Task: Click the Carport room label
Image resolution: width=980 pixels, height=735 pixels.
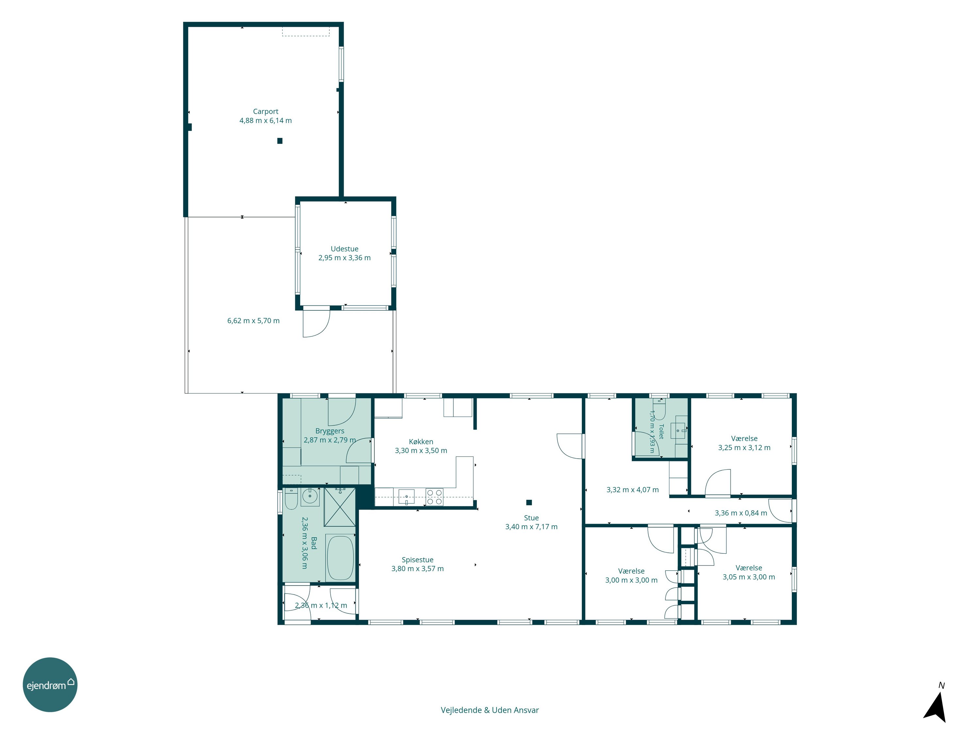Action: pos(266,112)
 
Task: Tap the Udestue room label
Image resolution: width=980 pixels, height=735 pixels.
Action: pos(344,249)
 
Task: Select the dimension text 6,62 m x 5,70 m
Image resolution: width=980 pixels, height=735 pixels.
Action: pos(253,321)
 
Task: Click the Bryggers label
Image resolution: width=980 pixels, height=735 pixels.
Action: pos(330,431)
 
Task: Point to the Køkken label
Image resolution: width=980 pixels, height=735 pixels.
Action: pos(421,442)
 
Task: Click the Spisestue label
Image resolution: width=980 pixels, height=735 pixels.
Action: pos(417,560)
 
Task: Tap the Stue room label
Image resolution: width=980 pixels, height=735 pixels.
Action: pos(531,518)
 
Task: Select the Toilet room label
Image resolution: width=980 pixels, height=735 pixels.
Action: pos(661,432)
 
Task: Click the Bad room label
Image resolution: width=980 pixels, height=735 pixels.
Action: pos(314,543)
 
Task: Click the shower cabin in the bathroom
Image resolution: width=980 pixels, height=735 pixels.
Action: pos(340,507)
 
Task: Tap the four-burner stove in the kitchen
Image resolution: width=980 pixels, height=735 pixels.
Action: pos(434,497)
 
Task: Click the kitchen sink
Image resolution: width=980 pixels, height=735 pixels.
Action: pos(406,497)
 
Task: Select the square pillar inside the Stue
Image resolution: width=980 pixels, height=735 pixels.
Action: pos(529,502)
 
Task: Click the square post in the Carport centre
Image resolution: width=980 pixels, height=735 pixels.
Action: pos(280,141)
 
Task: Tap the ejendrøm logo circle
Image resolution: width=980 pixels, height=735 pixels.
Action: pos(50,685)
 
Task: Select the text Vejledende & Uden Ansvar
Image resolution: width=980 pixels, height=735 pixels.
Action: pos(490,710)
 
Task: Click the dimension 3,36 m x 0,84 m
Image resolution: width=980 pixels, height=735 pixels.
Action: pos(741,513)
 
